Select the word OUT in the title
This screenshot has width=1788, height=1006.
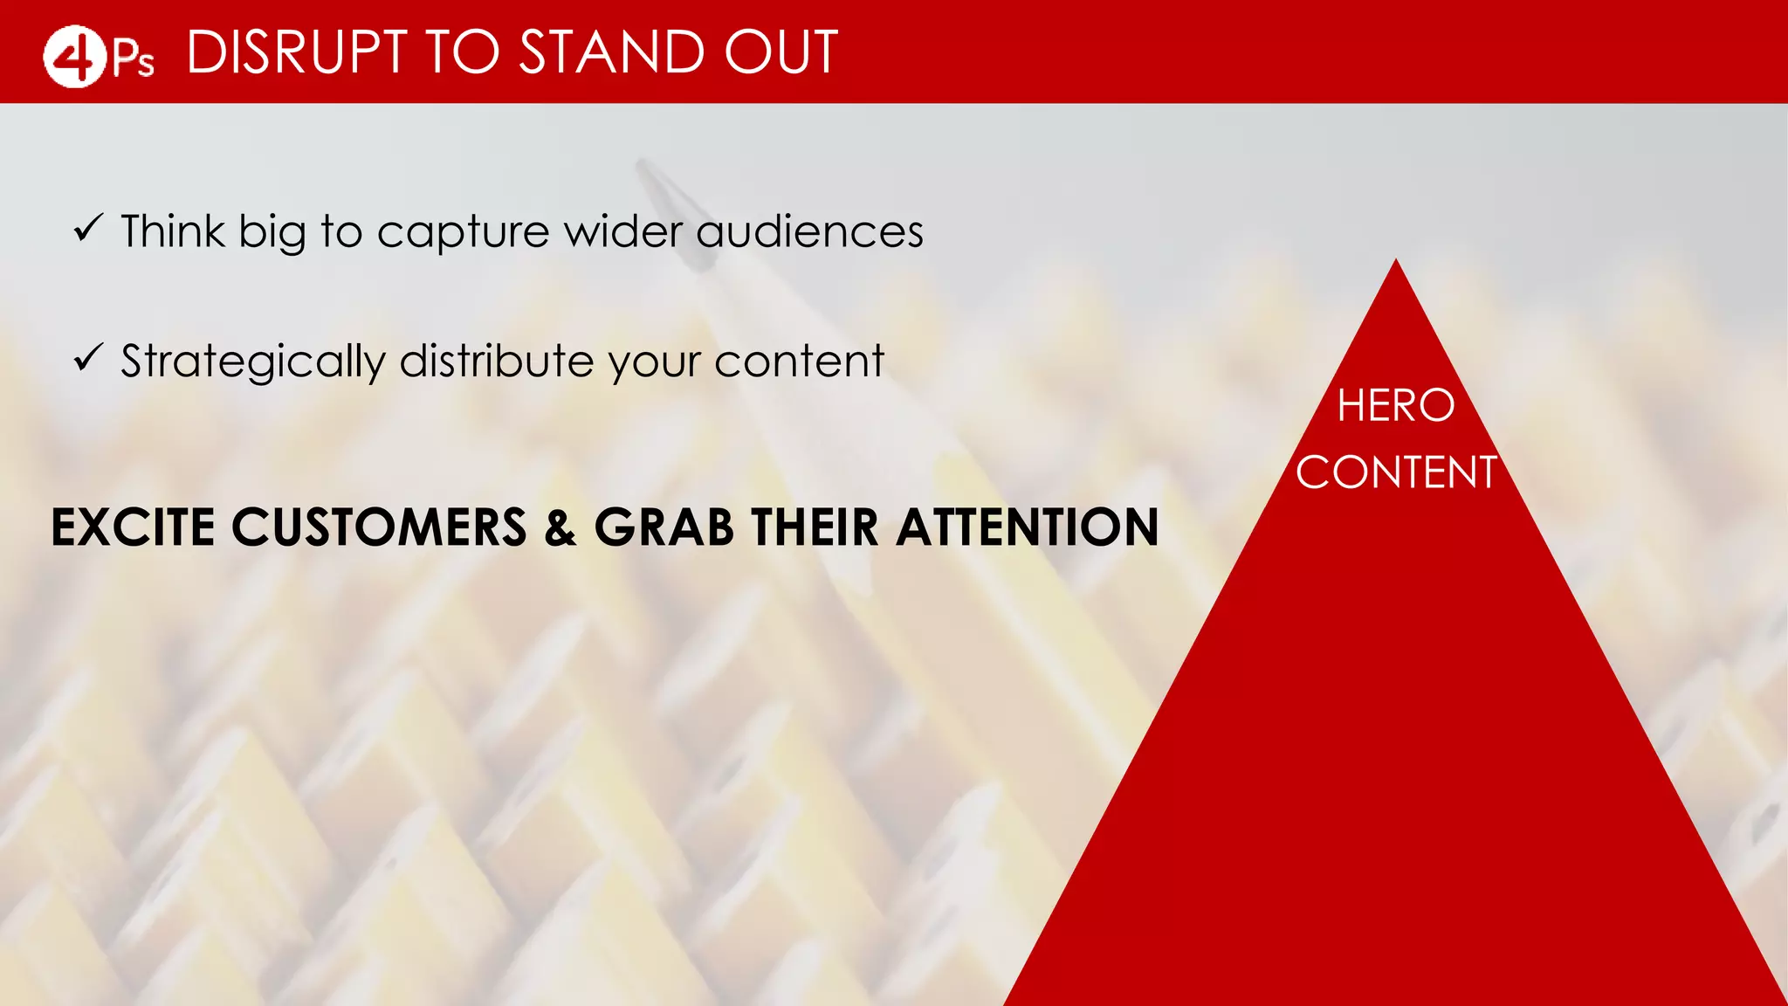pyautogui.click(x=781, y=52)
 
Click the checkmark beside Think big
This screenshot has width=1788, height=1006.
pyautogui.click(x=88, y=229)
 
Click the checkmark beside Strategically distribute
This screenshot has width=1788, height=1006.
pyautogui.click(x=88, y=357)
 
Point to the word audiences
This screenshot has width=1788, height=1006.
pyautogui.click(x=809, y=232)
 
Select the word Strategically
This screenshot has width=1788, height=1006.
pyautogui.click(x=252, y=362)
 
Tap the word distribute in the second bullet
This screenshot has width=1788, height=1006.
pyautogui.click(x=497, y=361)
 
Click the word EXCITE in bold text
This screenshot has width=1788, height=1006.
pyautogui.click(x=133, y=527)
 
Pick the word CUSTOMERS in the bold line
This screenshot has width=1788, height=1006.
pyautogui.click(x=379, y=527)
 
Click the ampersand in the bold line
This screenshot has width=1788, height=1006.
pyautogui.click(x=560, y=528)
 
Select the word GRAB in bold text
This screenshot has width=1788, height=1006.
pyautogui.click(x=664, y=527)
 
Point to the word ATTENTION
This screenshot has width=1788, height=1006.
pyautogui.click(x=1028, y=527)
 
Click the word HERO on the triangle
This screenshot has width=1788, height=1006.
pyautogui.click(x=1395, y=406)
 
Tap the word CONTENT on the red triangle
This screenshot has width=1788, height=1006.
pyautogui.click(x=1395, y=472)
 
